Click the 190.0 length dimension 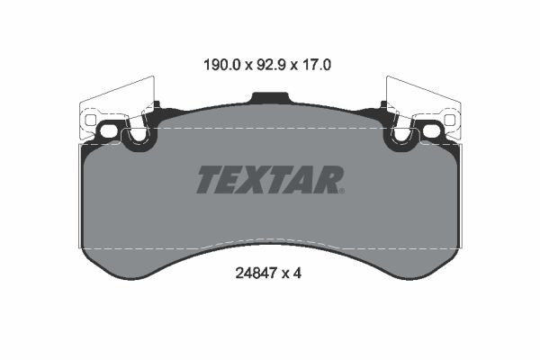pos(221,65)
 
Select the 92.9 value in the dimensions pos(271,65)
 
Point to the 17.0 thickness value pos(316,65)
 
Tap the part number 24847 pos(256,274)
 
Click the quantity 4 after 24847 pos(297,274)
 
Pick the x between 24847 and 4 pos(285,274)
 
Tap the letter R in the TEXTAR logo pos(327,179)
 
